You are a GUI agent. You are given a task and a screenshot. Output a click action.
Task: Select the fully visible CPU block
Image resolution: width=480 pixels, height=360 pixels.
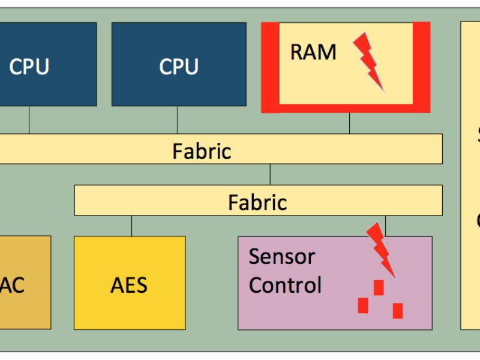coord(179,64)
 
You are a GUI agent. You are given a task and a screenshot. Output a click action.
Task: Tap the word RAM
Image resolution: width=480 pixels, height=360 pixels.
coord(313,52)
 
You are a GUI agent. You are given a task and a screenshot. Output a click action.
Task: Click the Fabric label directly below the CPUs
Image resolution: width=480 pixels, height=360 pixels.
coord(202,150)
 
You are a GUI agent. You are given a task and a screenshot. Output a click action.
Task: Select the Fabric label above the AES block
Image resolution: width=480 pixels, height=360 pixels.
coord(257,202)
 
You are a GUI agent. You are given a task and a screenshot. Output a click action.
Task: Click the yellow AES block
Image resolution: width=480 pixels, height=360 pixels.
coord(129,283)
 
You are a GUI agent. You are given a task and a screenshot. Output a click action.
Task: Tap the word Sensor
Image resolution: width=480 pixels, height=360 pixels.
coord(281,256)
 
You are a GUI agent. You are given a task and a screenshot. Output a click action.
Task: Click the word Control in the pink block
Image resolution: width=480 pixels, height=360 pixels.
coord(285,284)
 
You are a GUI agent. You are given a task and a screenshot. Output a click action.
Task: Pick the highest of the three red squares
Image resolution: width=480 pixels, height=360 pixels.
coord(379,287)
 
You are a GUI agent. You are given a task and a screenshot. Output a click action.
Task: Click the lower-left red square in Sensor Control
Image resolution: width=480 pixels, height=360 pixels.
coord(363,305)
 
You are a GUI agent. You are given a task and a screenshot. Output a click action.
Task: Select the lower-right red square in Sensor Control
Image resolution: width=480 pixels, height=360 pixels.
coord(397,310)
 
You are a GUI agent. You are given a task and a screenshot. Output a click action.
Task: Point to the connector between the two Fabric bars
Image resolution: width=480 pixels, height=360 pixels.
coord(270,175)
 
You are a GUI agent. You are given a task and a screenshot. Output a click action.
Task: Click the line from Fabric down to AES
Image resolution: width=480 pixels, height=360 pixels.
coord(132,226)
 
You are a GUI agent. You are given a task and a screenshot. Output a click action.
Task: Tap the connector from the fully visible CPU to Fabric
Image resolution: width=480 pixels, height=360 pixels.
coord(177,120)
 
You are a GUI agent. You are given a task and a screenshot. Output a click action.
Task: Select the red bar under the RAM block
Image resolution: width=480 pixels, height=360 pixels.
coord(346,108)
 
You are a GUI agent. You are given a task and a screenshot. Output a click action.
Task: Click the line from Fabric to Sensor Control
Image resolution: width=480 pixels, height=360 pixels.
coord(385,226)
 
